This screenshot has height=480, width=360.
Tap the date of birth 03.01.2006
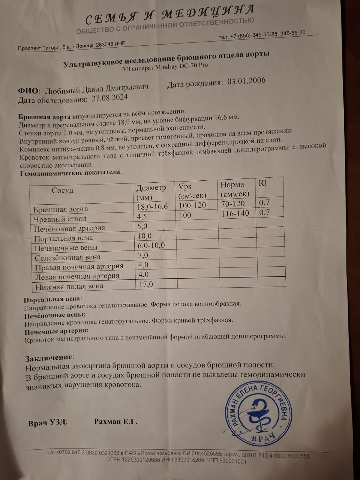(x=246, y=81)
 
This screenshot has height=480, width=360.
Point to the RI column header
(x=263, y=183)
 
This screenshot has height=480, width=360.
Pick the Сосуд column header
(x=63, y=190)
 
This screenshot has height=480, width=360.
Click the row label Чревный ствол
(x=60, y=219)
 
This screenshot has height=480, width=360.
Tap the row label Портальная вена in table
(x=64, y=238)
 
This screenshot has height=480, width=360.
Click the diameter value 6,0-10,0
(x=152, y=245)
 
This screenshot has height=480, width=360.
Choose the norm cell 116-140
(x=235, y=213)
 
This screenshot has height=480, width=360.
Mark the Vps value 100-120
(x=192, y=205)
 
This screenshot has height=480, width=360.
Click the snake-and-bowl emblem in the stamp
(x=258, y=414)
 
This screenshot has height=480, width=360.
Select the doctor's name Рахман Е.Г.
(x=116, y=422)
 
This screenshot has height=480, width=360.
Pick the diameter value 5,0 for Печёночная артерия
(x=142, y=226)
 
